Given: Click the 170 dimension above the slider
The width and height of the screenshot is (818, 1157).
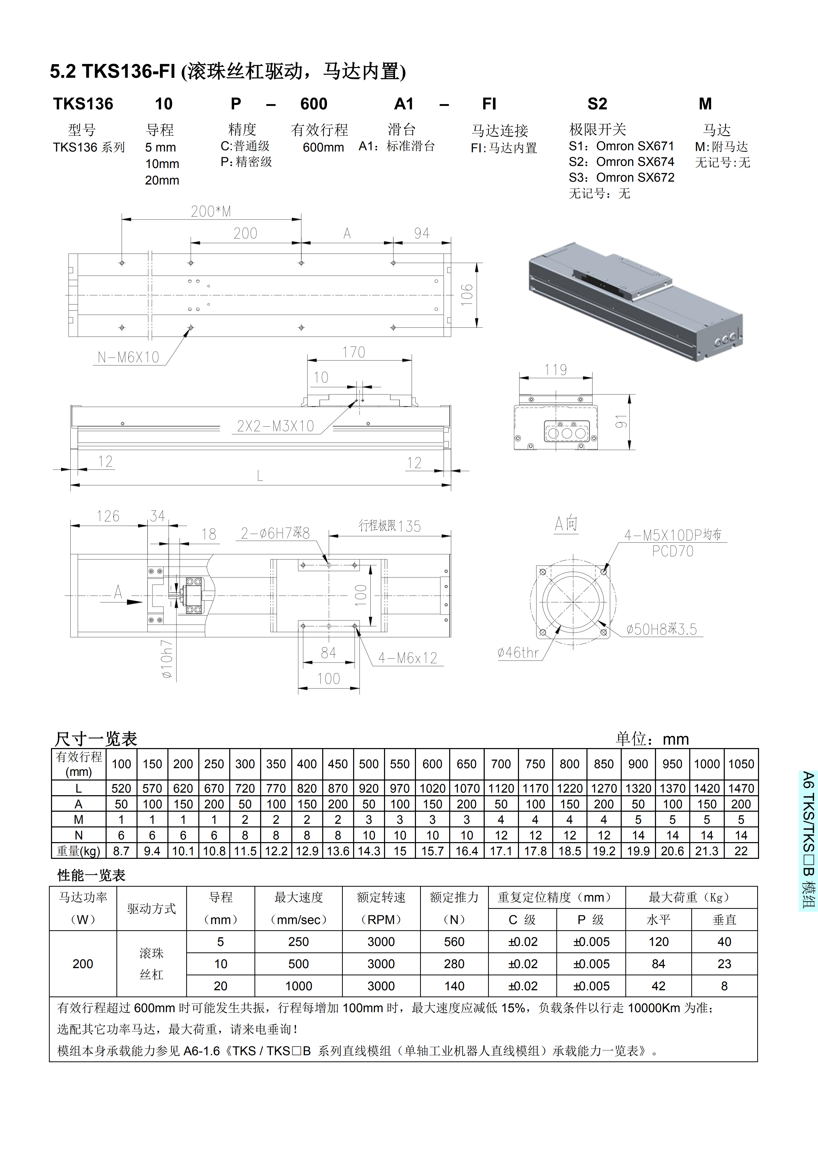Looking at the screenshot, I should [354, 352].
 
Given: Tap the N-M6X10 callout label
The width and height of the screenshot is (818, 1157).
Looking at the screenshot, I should [129, 357].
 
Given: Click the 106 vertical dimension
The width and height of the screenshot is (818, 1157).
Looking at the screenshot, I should [467, 295].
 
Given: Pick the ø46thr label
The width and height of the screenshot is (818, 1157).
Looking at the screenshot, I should [518, 652].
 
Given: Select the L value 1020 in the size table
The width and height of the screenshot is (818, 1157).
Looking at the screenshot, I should [432, 788].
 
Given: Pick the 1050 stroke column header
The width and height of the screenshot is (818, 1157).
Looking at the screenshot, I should [741, 764].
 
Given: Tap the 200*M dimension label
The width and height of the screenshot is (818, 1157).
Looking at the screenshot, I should [210, 212].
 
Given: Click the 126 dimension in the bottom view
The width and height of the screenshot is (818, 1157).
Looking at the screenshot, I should [108, 516].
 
